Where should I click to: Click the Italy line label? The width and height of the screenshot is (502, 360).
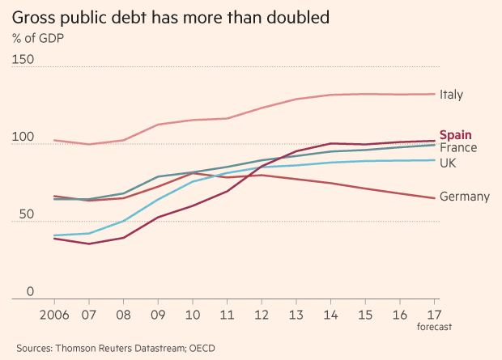451,95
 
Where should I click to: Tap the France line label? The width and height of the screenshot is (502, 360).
458,147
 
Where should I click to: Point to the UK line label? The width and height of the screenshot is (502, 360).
448,163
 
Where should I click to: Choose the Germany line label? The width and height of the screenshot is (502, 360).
465,197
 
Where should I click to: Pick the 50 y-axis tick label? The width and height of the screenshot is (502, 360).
19,215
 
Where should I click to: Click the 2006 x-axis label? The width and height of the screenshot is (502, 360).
53,314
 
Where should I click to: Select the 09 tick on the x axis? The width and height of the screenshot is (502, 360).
158,314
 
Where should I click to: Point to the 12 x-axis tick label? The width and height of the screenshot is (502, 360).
262,314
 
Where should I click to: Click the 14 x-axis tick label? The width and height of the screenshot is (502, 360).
332,314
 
